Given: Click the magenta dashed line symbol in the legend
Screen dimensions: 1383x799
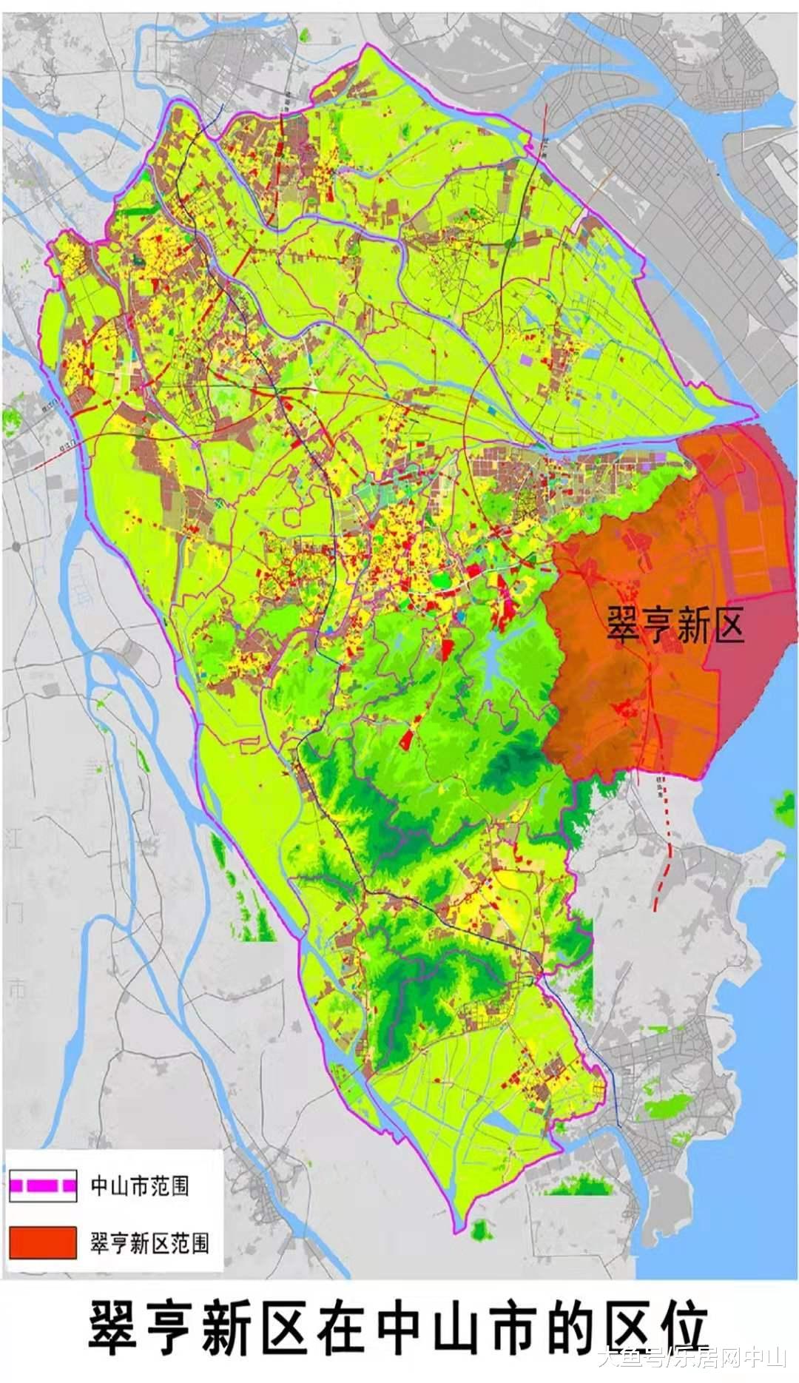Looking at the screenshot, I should tap(42, 1186).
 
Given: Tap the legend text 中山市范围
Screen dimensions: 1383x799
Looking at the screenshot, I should tap(139, 1186).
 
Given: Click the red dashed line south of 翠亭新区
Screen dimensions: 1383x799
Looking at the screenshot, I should tap(666, 844).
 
